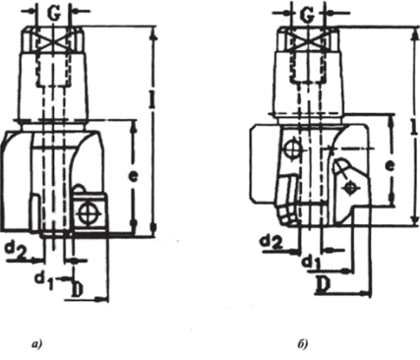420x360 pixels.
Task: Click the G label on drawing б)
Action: click(x=306, y=16)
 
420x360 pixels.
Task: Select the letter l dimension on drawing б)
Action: click(x=414, y=127)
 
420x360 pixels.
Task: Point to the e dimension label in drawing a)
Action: click(x=133, y=177)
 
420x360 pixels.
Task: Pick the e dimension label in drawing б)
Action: click(x=390, y=166)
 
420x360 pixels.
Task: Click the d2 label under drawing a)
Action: click(x=14, y=250)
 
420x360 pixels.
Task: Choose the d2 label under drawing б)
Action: click(x=270, y=242)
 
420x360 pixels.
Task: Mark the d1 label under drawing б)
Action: click(x=310, y=263)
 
